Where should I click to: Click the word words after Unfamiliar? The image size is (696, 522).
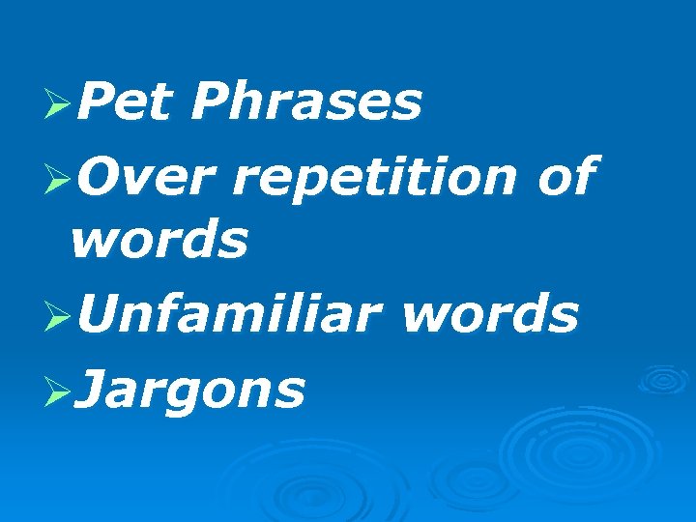(x=490, y=313)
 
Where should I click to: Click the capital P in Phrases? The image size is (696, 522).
(x=208, y=101)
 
